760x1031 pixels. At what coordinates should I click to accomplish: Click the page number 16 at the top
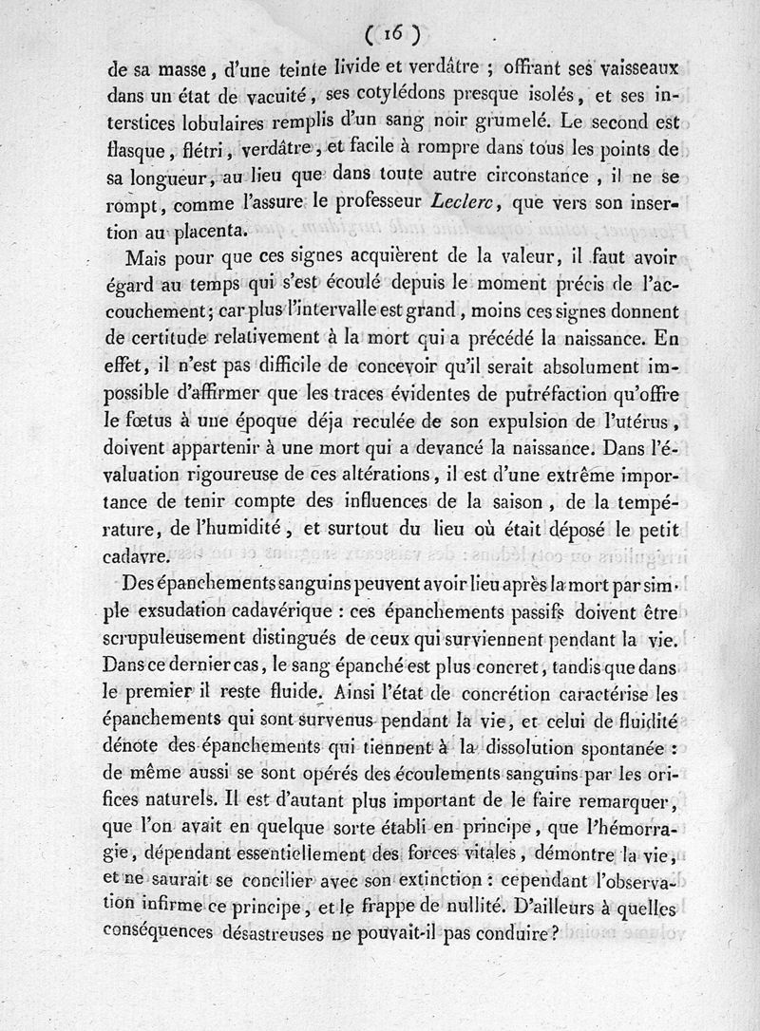click(394, 33)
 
